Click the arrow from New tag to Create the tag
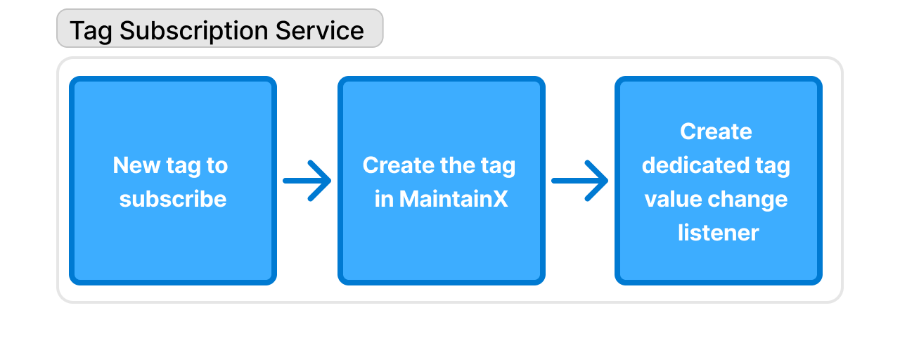(307, 181)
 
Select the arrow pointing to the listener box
(580, 181)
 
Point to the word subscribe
(173, 199)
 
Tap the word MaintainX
(454, 199)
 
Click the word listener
(718, 233)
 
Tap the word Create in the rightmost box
(716, 131)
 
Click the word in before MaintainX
(384, 199)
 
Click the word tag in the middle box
(499, 166)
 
